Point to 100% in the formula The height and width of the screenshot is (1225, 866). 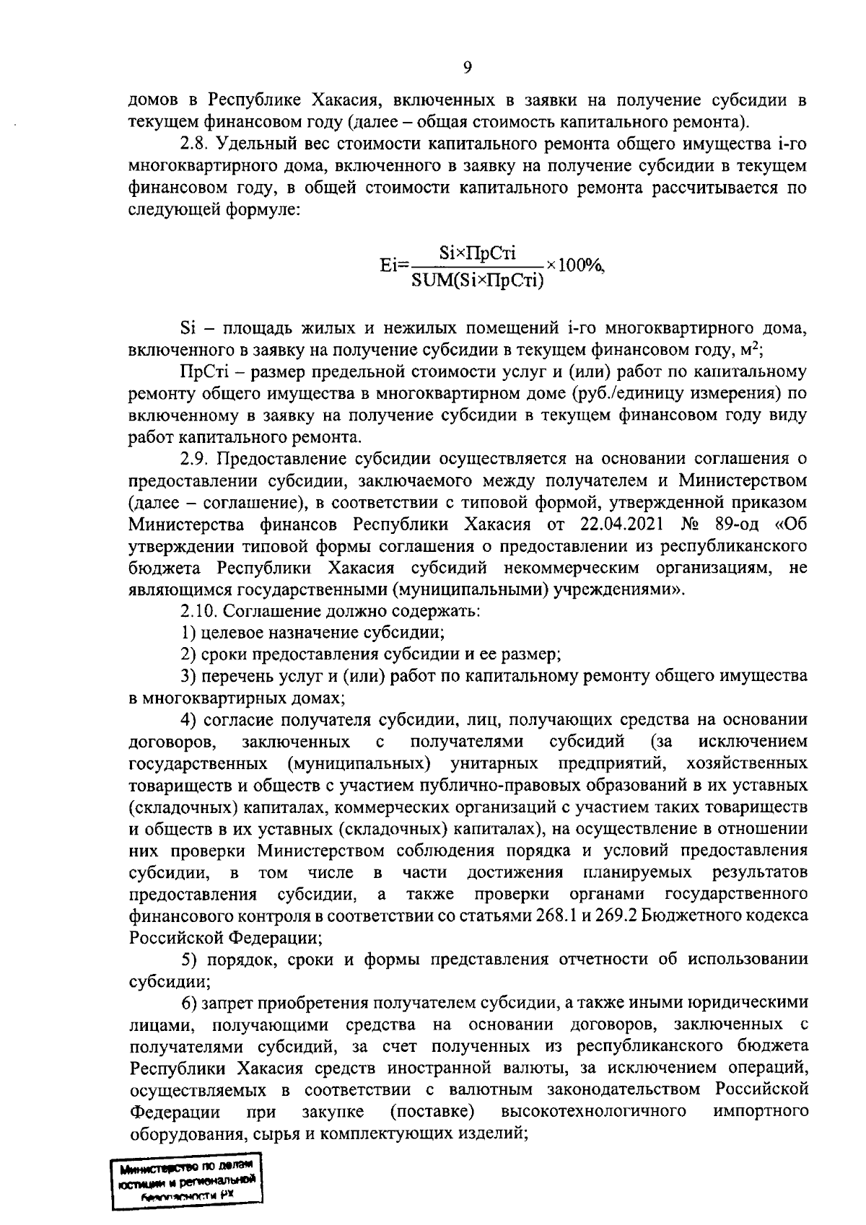point(580,265)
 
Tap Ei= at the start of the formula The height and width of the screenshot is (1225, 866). point(394,265)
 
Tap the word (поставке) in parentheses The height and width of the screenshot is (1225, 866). point(432,1111)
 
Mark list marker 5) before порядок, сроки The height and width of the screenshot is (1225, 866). point(188,960)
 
